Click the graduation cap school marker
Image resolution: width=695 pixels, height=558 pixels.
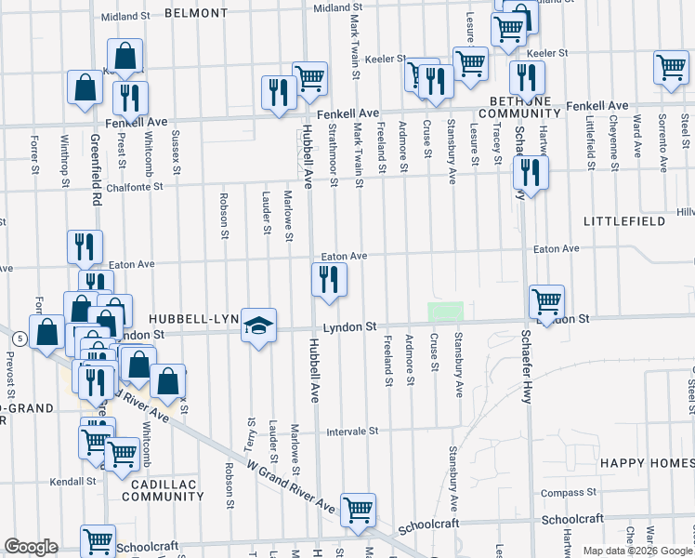click(x=259, y=325)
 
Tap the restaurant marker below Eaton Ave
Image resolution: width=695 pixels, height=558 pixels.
click(x=328, y=280)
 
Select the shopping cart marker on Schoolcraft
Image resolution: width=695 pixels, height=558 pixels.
click(x=358, y=510)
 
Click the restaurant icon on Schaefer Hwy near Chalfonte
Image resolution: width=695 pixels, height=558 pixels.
click(x=530, y=172)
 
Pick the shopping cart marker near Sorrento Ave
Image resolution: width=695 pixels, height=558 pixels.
click(x=671, y=68)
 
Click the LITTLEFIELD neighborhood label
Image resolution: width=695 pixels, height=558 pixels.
click(x=623, y=221)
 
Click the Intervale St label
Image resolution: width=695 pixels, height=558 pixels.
click(x=353, y=432)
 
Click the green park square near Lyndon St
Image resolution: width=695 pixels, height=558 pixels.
click(x=445, y=312)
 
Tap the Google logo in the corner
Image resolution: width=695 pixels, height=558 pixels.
click(x=31, y=547)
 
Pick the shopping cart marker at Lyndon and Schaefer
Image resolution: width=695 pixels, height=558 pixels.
click(x=547, y=301)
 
